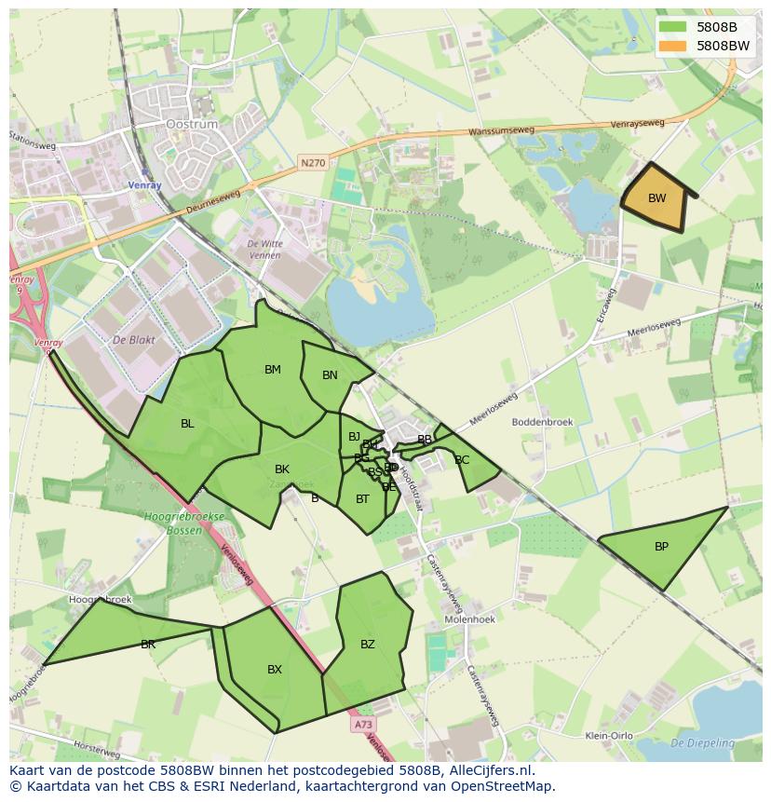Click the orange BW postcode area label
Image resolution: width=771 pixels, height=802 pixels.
656,198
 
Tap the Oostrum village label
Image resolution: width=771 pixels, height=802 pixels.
191,124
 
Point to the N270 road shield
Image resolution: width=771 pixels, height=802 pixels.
313,163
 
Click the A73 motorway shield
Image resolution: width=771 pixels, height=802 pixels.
364,724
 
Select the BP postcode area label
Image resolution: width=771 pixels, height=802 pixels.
661,547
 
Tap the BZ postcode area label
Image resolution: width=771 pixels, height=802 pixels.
368,645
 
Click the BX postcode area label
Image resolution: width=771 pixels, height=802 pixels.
275,670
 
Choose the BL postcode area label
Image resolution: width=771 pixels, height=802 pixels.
187,424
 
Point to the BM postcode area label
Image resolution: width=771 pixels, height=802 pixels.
272,370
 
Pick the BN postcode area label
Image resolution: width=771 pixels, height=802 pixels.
330,375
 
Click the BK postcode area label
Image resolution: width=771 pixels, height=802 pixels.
282,469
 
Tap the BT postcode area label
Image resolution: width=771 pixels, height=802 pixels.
362,499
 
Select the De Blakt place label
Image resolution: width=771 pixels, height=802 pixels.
132,341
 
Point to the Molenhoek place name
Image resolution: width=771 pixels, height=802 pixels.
470,618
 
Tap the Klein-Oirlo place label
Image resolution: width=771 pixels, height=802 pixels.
609,736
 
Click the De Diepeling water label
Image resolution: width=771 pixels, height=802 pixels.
702,743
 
